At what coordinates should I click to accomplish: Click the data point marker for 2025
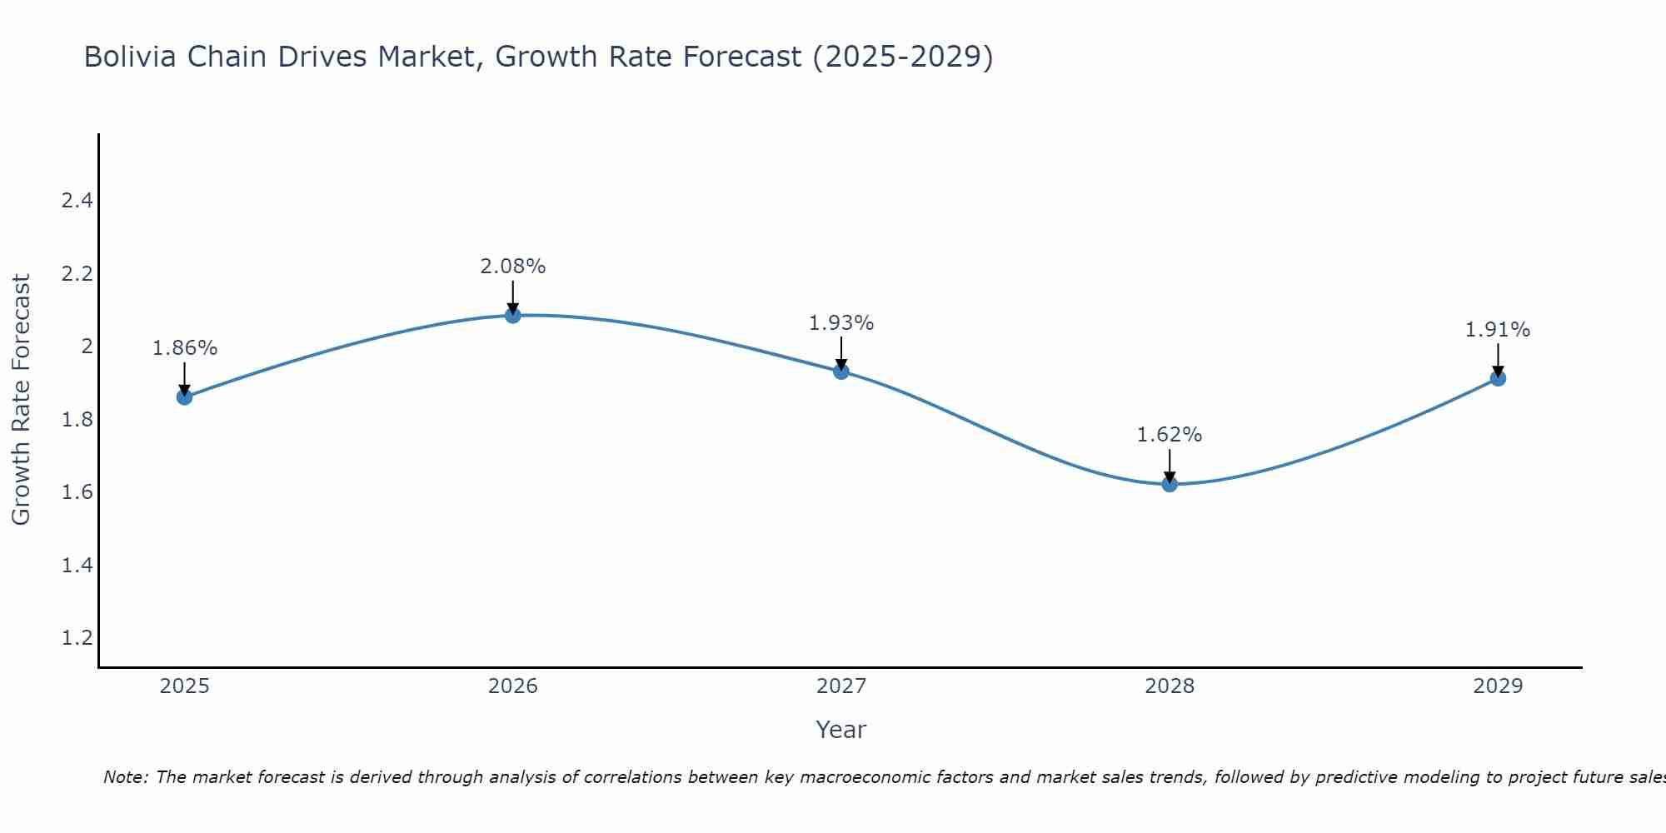coord(184,397)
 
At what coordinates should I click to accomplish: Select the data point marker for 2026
coord(513,316)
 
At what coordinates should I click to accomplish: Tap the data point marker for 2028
coord(1170,484)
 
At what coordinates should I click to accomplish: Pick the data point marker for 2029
coord(1498,378)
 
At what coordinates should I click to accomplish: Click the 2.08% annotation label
coord(513,267)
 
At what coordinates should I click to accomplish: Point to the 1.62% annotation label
coord(1170,435)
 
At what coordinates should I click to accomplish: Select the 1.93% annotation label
coord(841,323)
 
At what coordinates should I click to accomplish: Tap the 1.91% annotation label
coord(1498,330)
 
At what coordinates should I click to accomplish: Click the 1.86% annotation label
coord(184,348)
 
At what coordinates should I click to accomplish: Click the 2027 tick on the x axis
coord(841,686)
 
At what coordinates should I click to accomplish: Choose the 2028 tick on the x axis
coord(1170,686)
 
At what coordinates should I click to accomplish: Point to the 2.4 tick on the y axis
coord(77,201)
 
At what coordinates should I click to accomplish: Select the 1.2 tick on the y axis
coord(77,638)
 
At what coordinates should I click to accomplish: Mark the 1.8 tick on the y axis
coord(77,420)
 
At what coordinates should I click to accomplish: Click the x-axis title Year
coord(841,730)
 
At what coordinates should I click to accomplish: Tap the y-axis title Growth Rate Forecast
coord(22,400)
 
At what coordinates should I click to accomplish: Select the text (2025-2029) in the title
coord(902,57)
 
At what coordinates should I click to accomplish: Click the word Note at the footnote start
coord(125,777)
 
